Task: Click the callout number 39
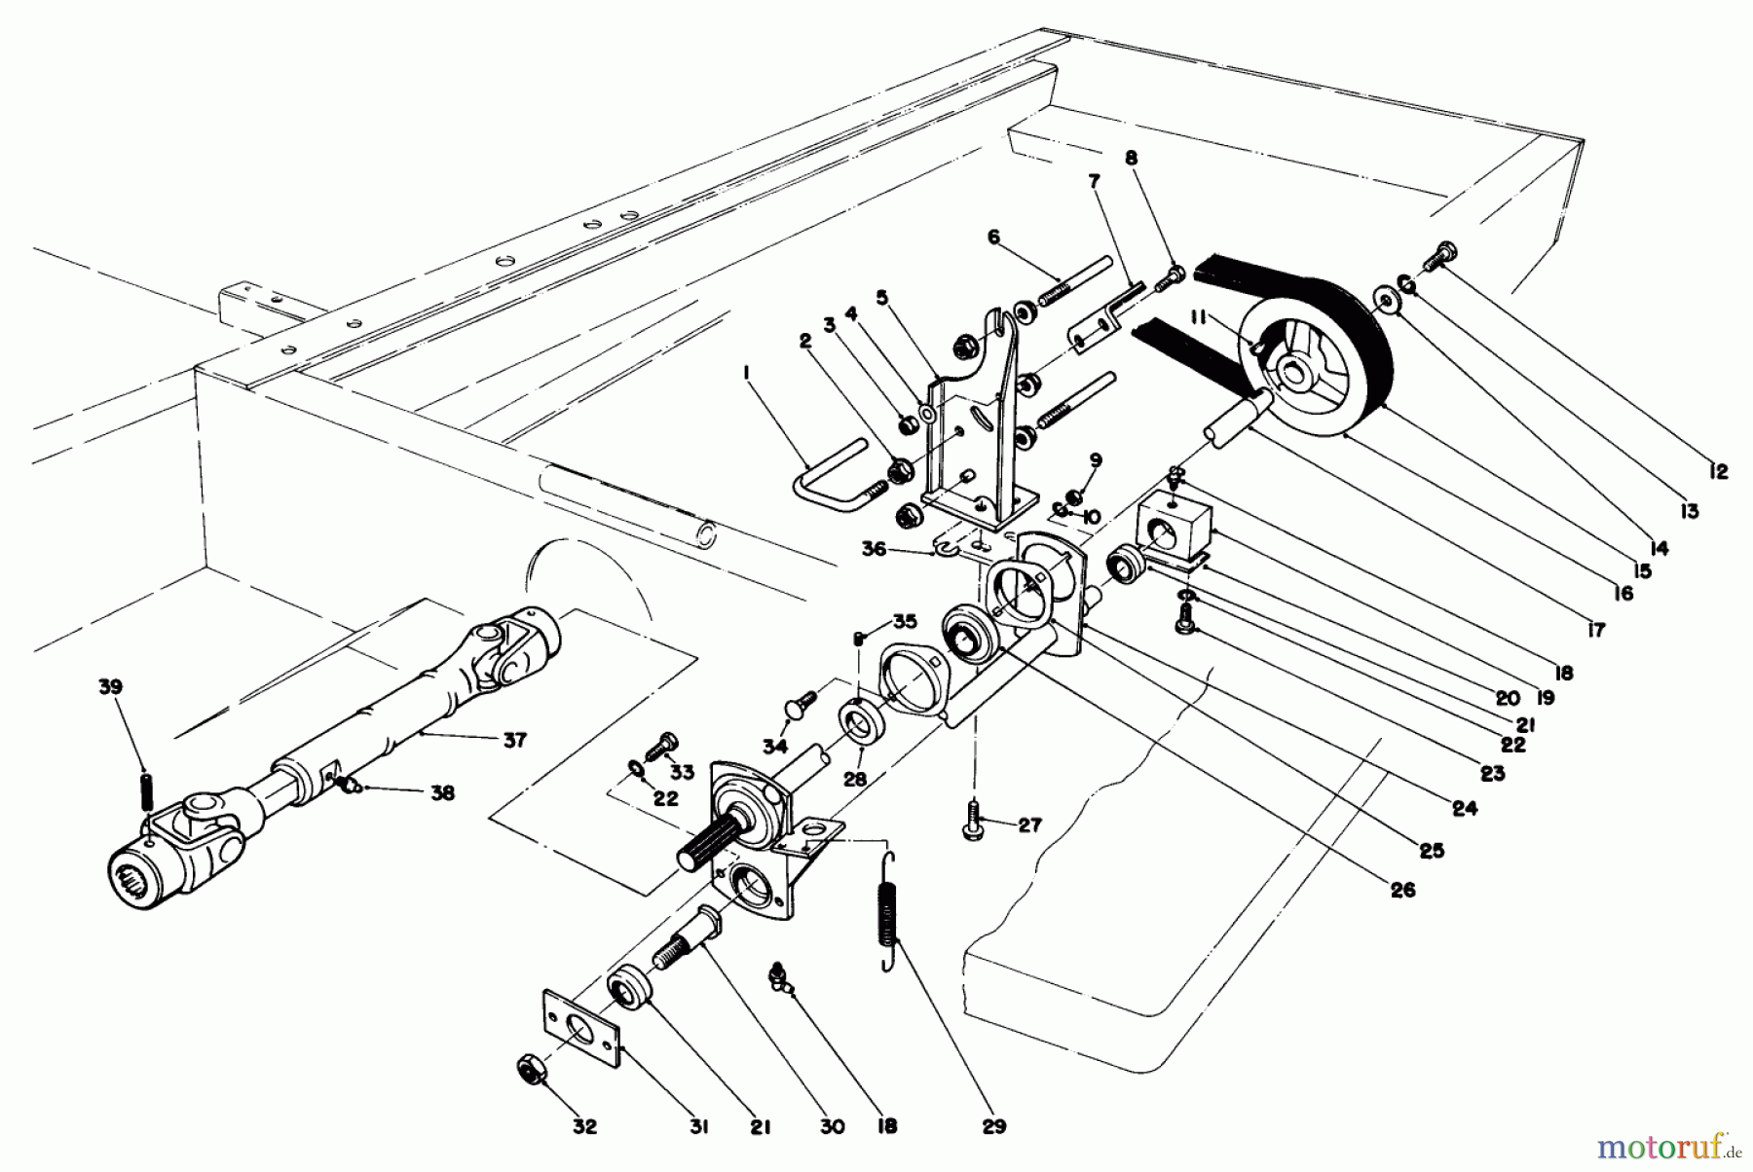coord(110,686)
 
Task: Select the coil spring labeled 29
coord(889,913)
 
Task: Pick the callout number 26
coord(1402,890)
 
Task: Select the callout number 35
coord(905,620)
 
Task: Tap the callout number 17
coord(1594,631)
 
